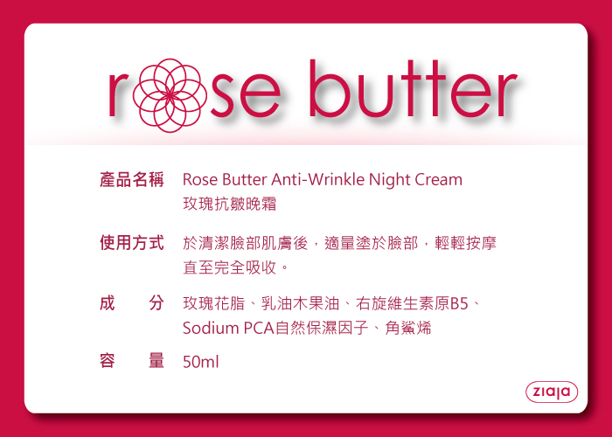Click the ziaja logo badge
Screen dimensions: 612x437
point(552,392)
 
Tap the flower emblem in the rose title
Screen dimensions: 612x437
point(170,95)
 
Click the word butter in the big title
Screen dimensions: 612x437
point(414,89)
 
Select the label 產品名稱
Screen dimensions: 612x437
point(131,180)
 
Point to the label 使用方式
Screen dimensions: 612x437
point(131,243)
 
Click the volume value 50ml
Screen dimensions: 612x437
point(200,362)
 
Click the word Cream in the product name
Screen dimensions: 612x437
point(438,180)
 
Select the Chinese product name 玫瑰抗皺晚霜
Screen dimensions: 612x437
point(229,204)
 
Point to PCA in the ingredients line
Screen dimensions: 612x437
point(259,328)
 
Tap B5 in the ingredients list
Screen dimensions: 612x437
point(459,303)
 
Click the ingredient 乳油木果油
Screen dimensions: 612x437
point(300,303)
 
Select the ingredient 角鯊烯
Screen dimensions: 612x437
point(408,328)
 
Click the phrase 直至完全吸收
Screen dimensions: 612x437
point(229,267)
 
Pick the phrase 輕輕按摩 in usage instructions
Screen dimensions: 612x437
point(465,243)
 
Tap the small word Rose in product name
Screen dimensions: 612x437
point(200,180)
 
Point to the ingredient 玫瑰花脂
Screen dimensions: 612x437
point(214,303)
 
